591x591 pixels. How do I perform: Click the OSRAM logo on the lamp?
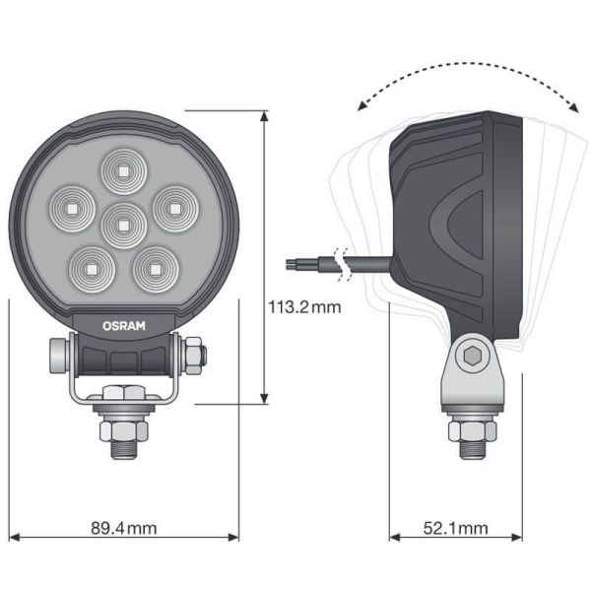pyautogui.click(x=123, y=322)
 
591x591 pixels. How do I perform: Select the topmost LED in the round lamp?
pyautogui.click(x=123, y=168)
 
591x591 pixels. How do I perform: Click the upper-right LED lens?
pyautogui.click(x=172, y=206)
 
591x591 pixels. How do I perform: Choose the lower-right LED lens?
pyautogui.click(x=154, y=265)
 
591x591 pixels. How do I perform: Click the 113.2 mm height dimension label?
pyautogui.click(x=305, y=306)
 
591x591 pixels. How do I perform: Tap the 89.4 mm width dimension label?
pyautogui.click(x=123, y=528)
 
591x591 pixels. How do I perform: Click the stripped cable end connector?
pyautogui.click(x=299, y=263)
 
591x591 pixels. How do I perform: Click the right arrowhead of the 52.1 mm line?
pyautogui.click(x=519, y=538)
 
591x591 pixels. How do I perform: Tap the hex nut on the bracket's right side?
pyautogui.click(x=194, y=352)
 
